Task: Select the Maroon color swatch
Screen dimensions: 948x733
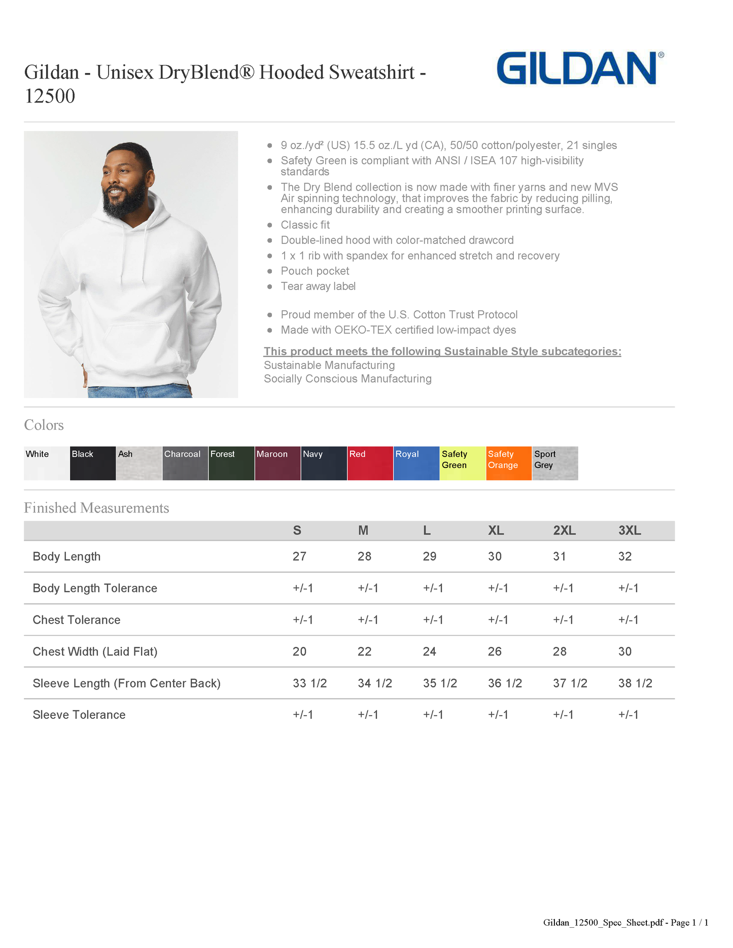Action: tap(277, 463)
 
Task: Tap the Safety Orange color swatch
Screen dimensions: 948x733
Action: tap(509, 463)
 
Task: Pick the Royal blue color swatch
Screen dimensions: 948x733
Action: tap(416, 463)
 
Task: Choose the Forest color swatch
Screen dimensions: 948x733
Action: tap(231, 463)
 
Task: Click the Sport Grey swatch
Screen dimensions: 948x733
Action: tap(555, 463)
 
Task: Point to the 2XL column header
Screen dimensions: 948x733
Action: tap(564, 531)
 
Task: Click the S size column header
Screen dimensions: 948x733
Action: tap(297, 531)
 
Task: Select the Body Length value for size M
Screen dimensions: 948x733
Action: tap(364, 557)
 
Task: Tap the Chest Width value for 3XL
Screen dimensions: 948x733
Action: tap(625, 651)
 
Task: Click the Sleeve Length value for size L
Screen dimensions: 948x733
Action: tap(440, 683)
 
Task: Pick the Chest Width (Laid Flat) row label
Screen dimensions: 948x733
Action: tap(95, 651)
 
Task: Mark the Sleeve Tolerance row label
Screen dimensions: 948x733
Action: tap(79, 715)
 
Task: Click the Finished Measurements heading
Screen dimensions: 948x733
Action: tap(96, 508)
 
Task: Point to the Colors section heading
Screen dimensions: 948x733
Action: tap(44, 425)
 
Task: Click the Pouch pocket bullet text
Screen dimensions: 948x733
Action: tap(315, 271)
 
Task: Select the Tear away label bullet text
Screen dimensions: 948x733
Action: tap(318, 286)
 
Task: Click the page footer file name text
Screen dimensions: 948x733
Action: tap(625, 923)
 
